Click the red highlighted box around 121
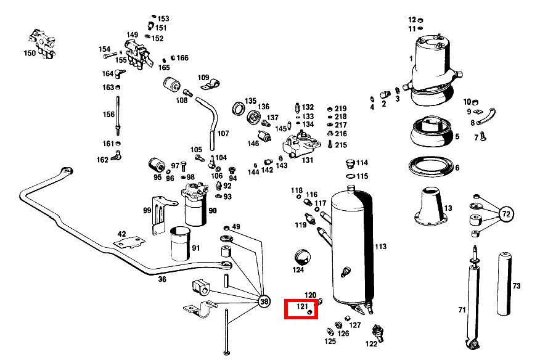tap(301, 309)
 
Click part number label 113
tap(380, 247)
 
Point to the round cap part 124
tap(301, 256)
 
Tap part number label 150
tap(30, 54)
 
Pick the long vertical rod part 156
tap(118, 114)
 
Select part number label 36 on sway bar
tap(162, 279)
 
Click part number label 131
tap(307, 160)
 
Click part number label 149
tap(133, 35)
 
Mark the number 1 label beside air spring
tap(411, 59)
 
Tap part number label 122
tap(372, 343)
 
